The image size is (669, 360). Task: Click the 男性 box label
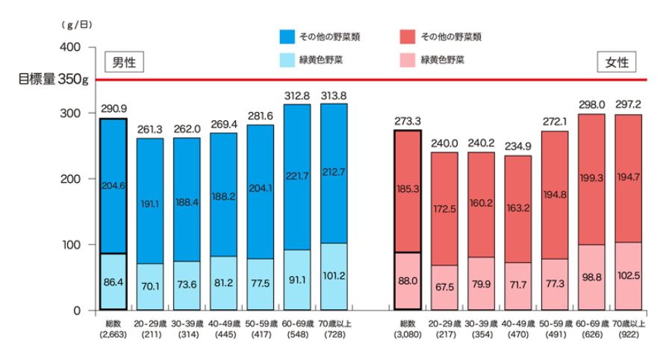[x=123, y=62]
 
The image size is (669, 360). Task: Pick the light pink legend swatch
[x=405, y=59]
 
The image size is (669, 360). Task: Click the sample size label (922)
[x=628, y=333]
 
